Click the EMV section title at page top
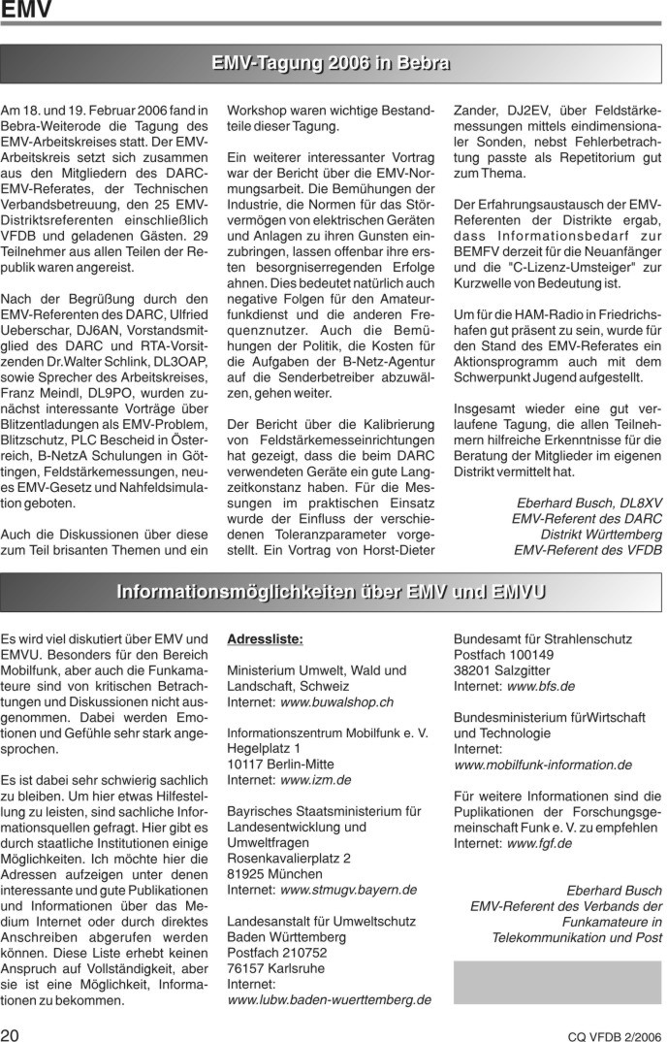pyautogui.click(x=26, y=11)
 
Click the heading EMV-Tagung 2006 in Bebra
pyautogui.click(x=332, y=64)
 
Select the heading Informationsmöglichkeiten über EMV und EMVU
pyautogui.click(x=332, y=592)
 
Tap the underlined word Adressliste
pyautogui.click(x=265, y=639)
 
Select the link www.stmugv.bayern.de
pyautogui.click(x=348, y=889)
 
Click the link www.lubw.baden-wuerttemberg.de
pyautogui.click(x=329, y=998)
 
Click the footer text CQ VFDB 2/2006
pyautogui.click(x=615, y=1035)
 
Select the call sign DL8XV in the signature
pyautogui.click(x=639, y=503)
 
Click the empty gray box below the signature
pyautogui.click(x=557, y=981)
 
